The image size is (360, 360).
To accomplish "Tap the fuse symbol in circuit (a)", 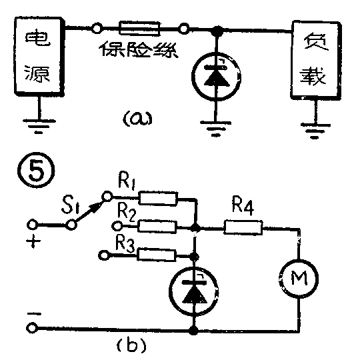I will [x=139, y=29].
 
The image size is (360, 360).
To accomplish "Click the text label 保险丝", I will [x=139, y=49].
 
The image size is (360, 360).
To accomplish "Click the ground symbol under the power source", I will [x=40, y=123].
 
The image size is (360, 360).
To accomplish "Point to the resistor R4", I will [x=244, y=228].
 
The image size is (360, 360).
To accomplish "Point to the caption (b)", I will [x=127, y=345].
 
